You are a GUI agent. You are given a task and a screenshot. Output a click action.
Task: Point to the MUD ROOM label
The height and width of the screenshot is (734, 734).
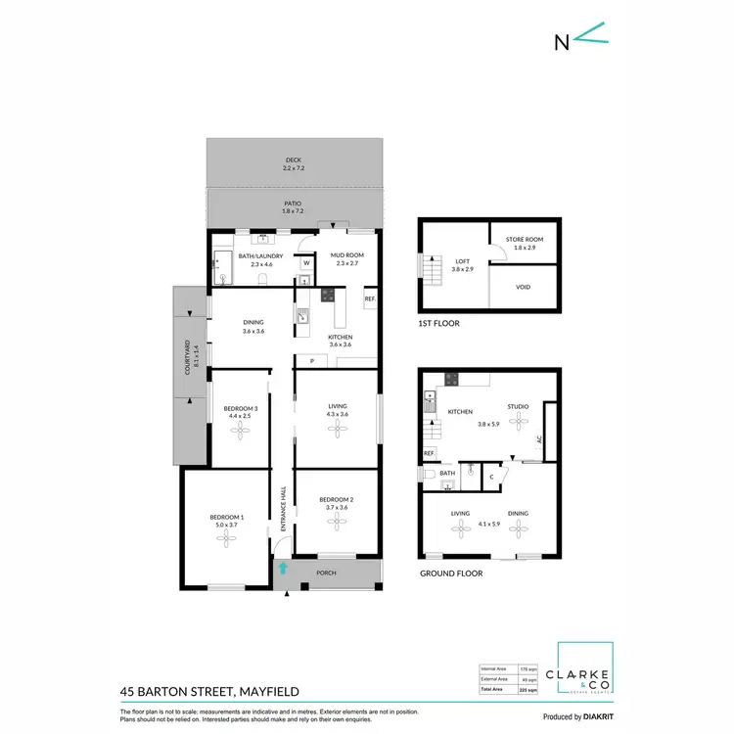pos(349,257)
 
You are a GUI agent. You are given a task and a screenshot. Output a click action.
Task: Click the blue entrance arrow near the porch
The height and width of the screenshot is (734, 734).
pos(284,567)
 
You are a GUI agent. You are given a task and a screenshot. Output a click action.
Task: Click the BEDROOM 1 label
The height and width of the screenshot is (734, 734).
pos(226,522)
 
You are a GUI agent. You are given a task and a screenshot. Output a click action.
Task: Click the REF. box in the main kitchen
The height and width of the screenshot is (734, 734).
pos(370,298)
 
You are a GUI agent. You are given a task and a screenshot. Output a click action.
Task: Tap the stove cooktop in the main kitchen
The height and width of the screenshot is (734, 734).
pos(329,293)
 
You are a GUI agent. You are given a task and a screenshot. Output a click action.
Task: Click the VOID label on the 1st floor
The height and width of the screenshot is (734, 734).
pos(525,288)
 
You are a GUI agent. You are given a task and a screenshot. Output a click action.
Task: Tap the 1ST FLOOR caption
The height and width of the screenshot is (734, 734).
pos(438,323)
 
